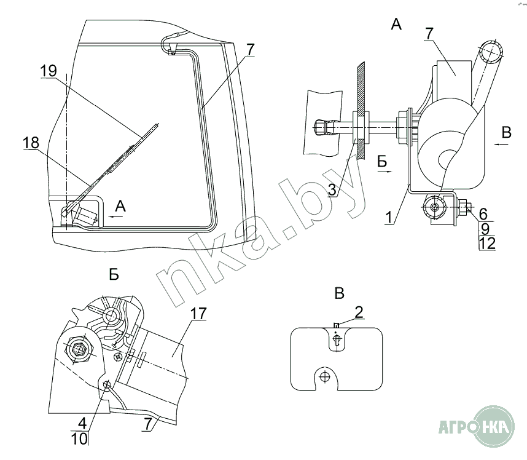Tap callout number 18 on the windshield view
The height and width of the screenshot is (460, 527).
[31, 143]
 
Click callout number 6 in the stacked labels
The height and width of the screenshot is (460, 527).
[483, 213]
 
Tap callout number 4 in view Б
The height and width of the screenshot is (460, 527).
[82, 424]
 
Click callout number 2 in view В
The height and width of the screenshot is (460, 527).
[359, 311]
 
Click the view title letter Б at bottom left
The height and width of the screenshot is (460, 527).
[114, 276]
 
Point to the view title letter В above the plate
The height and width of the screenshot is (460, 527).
[339, 293]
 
